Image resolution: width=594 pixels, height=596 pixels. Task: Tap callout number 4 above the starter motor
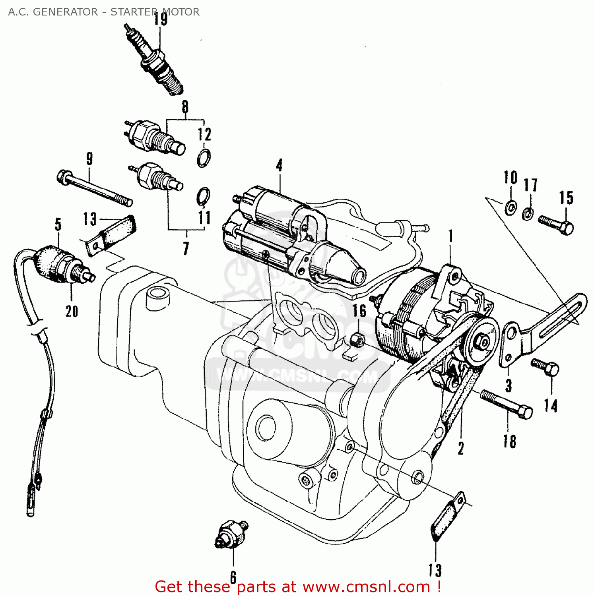[x=280, y=165]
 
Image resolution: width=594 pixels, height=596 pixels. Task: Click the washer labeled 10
[x=510, y=207]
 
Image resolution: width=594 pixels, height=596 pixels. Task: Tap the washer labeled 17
[x=528, y=214]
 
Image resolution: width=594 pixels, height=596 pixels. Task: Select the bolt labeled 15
[x=556, y=224]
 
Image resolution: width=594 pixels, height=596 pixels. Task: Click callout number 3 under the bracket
[x=509, y=385]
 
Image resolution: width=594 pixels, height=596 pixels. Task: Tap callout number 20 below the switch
[x=72, y=311]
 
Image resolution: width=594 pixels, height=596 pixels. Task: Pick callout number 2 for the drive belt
[x=460, y=449]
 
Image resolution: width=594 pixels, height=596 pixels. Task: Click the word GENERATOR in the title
[x=65, y=12]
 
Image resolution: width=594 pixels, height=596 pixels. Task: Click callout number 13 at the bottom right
[x=435, y=570]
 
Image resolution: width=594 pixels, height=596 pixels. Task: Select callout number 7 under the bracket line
[x=186, y=248]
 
